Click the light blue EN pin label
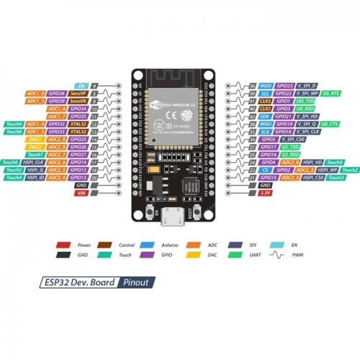click(81, 86)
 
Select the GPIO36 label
click(57, 94)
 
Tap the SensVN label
click(78, 101)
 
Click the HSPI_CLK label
click(34, 162)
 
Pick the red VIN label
click(81, 192)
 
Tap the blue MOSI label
click(265, 86)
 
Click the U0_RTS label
click(331, 94)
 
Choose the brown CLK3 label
click(265, 101)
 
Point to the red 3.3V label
click(265, 192)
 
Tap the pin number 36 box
click(252, 86)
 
